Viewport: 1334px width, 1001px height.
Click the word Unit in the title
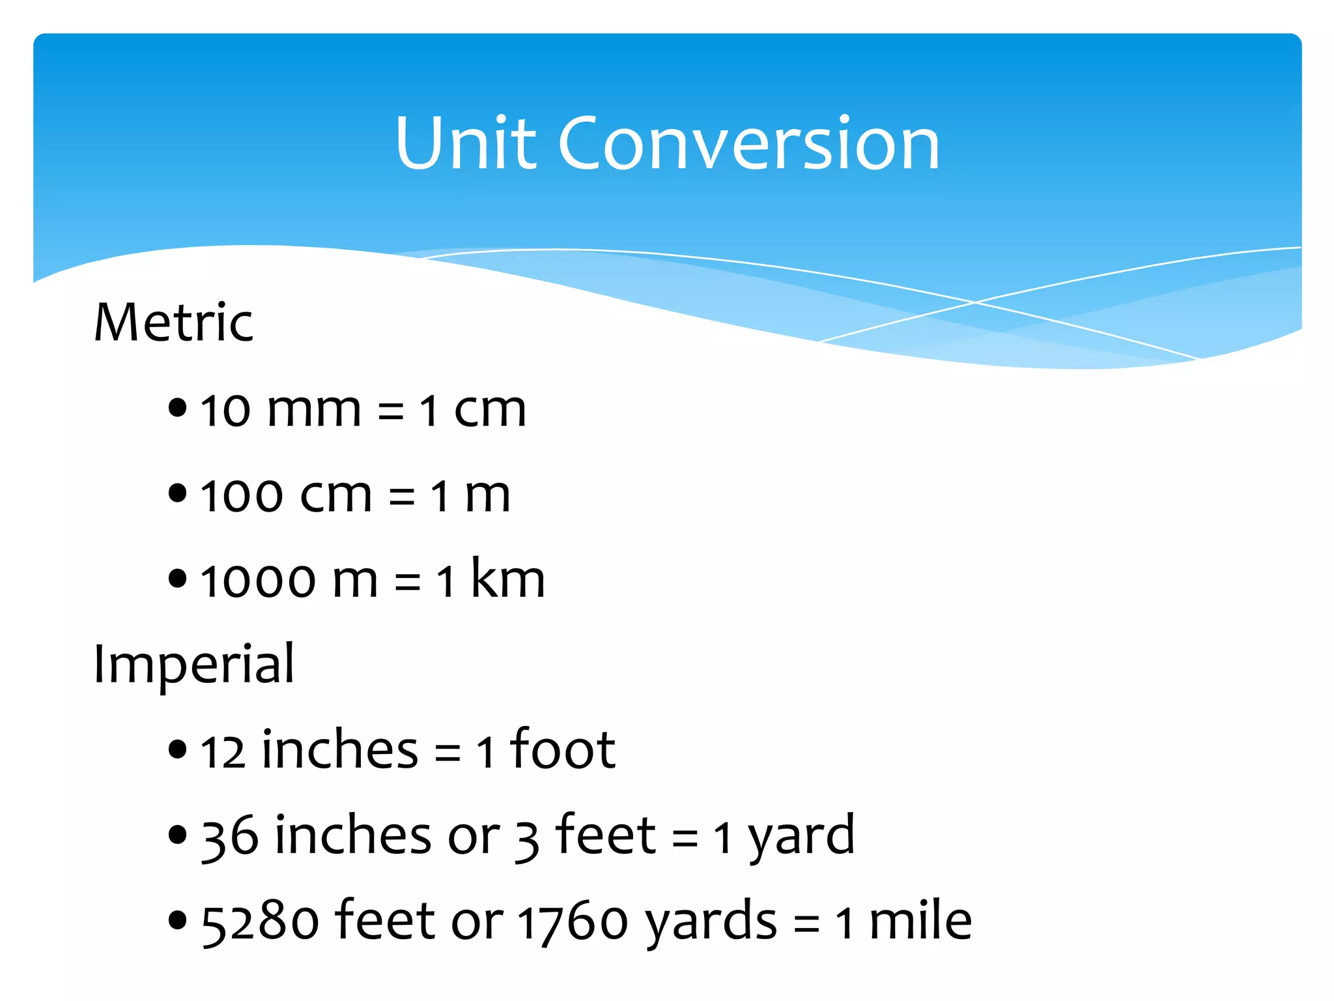[466, 143]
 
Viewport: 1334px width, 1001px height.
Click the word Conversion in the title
[749, 143]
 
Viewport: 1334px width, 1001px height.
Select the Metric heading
[173, 323]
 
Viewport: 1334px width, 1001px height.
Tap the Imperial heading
[194, 665]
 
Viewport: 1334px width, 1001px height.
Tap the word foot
[563, 749]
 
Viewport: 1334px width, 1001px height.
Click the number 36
[229, 837]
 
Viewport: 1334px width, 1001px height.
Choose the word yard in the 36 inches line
[801, 837]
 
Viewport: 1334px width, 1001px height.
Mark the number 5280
[260, 922]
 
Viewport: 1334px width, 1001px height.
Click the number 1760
[573, 922]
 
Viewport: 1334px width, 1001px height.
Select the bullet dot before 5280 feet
[177, 920]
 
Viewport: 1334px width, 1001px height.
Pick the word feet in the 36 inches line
[605, 835]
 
